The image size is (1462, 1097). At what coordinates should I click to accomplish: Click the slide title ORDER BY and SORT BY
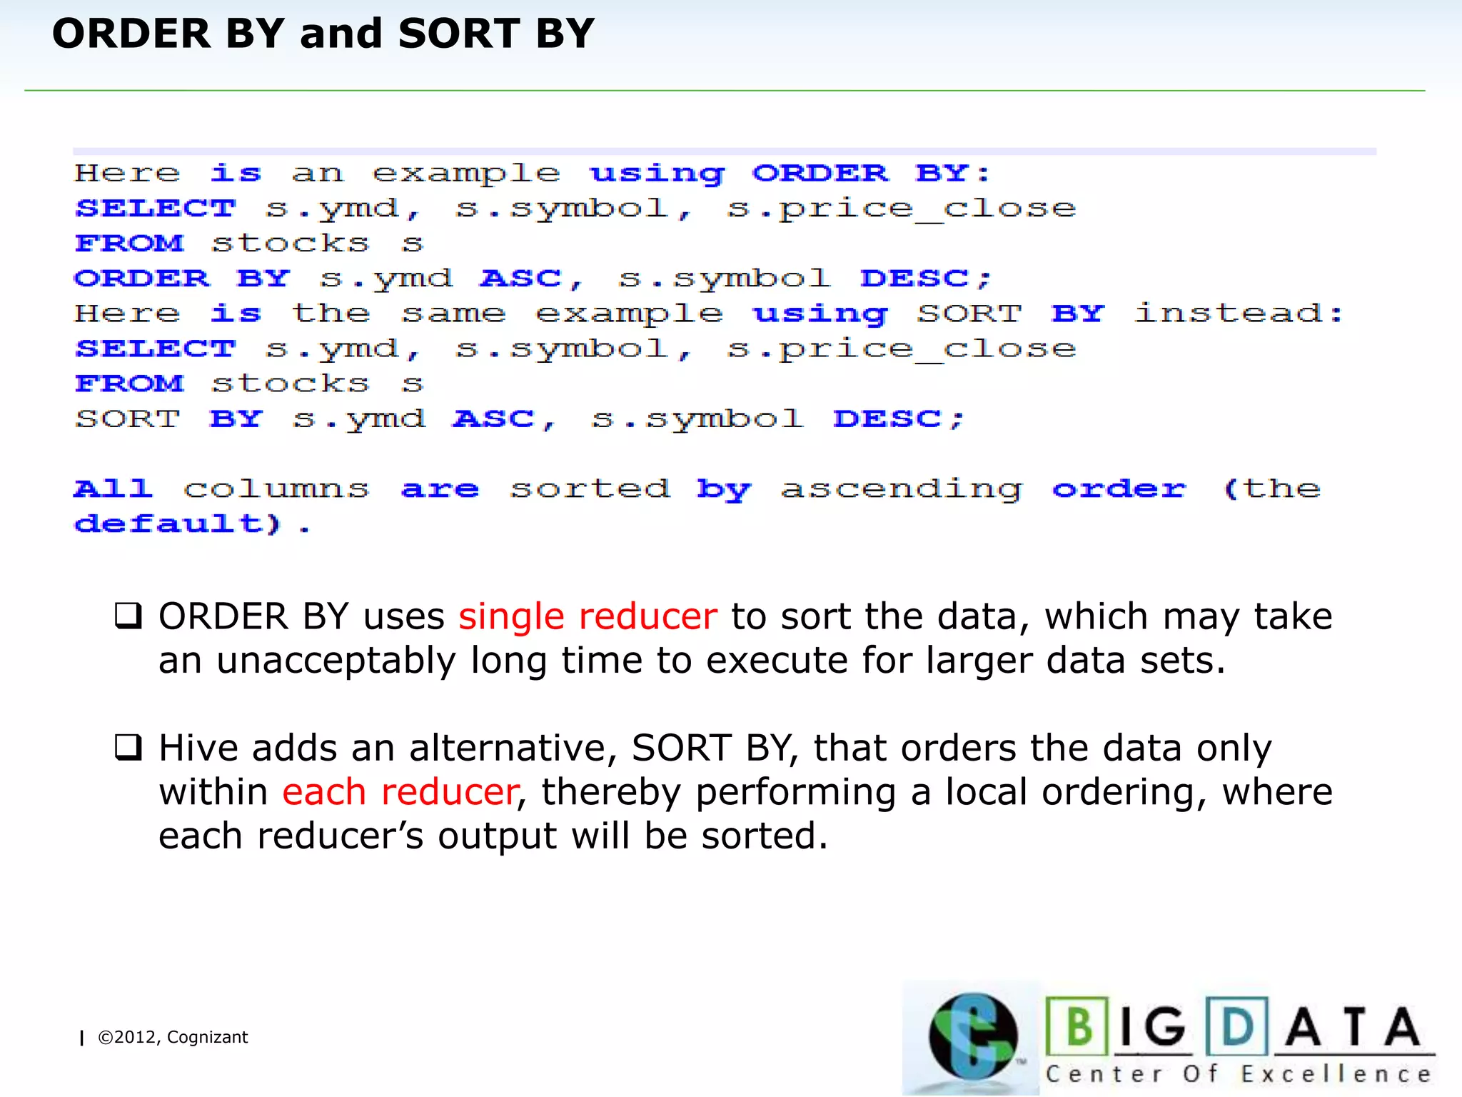[323, 34]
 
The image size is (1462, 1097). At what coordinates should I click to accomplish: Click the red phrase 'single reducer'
[588, 616]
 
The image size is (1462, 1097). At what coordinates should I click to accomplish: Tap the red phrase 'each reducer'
[400, 792]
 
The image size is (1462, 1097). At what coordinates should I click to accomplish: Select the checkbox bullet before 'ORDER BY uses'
[128, 616]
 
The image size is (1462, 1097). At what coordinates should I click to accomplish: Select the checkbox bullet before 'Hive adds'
[128, 748]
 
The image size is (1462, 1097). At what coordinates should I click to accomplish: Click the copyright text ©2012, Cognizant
[172, 1037]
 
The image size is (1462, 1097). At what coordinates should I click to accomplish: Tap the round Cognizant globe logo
[972, 1036]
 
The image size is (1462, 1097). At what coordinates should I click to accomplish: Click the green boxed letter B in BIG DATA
[1078, 1026]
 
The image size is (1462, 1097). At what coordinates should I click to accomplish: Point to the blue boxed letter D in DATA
[1237, 1026]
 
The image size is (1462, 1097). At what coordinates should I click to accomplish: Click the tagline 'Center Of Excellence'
[1239, 1074]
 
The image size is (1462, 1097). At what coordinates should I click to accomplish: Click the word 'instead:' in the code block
[1239, 314]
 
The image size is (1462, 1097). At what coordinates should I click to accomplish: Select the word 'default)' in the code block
[178, 524]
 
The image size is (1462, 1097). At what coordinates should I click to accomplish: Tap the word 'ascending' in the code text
[902, 489]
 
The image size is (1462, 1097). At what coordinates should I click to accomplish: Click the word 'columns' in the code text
[276, 489]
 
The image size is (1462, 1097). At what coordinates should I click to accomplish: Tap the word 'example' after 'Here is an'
[466, 174]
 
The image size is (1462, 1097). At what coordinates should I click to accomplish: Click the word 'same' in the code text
[453, 314]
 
